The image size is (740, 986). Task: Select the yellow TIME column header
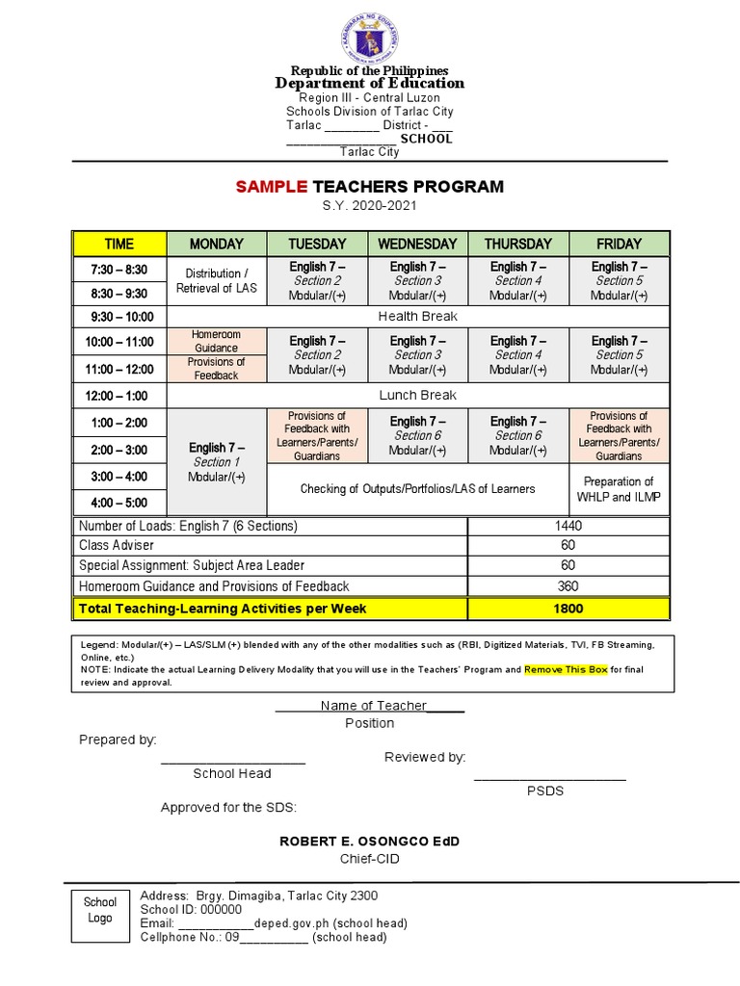click(x=119, y=245)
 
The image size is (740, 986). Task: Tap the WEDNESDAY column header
click(x=417, y=245)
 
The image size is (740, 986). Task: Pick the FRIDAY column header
click(x=619, y=245)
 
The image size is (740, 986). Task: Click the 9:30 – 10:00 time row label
click(x=119, y=317)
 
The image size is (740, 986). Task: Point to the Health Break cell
click(x=417, y=317)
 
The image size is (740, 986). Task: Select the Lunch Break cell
click(x=417, y=396)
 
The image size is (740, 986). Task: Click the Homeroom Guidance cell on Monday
click(x=216, y=341)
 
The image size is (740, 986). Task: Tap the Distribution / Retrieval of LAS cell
click(x=216, y=280)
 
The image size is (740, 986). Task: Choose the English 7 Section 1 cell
click(x=216, y=462)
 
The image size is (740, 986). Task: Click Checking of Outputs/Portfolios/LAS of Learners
click(x=417, y=489)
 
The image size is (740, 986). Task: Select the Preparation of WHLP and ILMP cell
click(x=619, y=489)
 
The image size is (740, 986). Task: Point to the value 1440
click(x=568, y=527)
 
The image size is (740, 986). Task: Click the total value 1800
click(x=568, y=609)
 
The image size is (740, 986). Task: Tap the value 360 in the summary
click(x=568, y=586)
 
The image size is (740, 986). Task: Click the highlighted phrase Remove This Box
click(x=566, y=669)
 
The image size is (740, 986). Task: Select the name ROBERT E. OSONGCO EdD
click(x=369, y=842)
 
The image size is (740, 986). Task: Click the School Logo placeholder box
click(x=99, y=910)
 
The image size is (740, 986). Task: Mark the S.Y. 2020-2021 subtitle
click(x=369, y=207)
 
